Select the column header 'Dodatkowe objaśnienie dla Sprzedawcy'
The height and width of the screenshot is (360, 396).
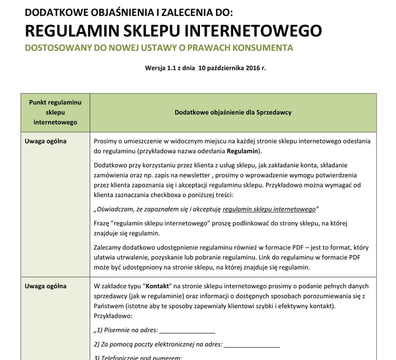click(233, 112)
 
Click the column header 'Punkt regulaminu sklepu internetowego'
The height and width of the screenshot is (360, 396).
click(55, 112)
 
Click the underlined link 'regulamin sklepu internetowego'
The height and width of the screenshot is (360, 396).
click(269, 209)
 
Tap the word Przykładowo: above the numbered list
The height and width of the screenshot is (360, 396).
click(112, 315)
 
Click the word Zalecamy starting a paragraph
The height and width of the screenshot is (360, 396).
click(109, 248)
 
